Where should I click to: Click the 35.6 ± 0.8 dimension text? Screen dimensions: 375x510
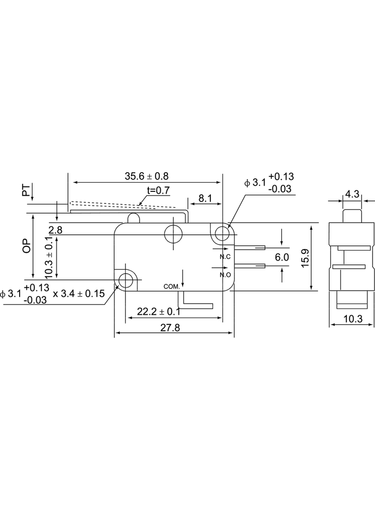147,176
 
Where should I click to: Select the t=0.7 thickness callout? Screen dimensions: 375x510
158,190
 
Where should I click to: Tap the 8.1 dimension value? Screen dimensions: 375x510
205,198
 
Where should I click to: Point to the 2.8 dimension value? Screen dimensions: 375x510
55,230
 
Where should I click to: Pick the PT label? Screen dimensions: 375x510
26,190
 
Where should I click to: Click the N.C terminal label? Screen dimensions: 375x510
225,257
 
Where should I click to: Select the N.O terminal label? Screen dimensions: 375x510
225,275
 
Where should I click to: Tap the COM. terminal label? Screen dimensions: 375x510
172,287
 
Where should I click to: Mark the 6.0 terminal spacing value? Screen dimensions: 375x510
282,257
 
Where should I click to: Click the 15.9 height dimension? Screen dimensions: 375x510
305,258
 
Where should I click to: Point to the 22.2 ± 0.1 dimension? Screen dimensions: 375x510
158,311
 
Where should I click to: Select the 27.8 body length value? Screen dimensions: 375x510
170,328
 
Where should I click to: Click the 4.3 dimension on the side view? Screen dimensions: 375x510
352,194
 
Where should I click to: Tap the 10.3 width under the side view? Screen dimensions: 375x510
353,319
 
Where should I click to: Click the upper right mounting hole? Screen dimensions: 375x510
222,233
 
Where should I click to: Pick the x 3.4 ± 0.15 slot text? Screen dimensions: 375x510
79,294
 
